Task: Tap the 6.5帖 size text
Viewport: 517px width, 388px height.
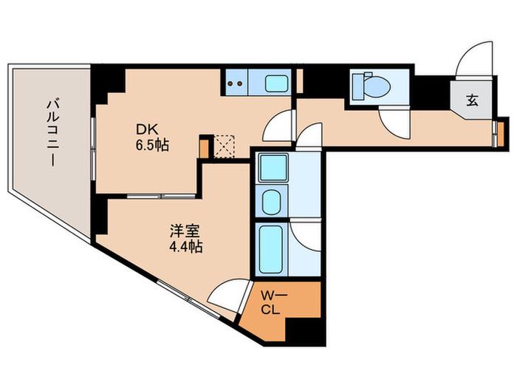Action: coord(152,145)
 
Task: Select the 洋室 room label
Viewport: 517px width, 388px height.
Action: coord(185,231)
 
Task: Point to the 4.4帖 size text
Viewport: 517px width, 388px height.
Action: coord(185,247)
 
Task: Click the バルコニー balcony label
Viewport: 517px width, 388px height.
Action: coord(52,132)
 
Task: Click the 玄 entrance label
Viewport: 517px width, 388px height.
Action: coord(472,101)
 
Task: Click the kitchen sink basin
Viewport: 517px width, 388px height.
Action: coord(276,84)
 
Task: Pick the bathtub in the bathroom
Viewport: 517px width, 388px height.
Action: coord(271,250)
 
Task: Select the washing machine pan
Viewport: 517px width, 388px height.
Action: coord(273,168)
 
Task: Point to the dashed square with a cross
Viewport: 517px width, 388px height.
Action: coord(224,146)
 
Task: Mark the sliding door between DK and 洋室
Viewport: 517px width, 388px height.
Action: coord(161,196)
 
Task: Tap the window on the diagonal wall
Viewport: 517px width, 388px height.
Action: coord(188,299)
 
